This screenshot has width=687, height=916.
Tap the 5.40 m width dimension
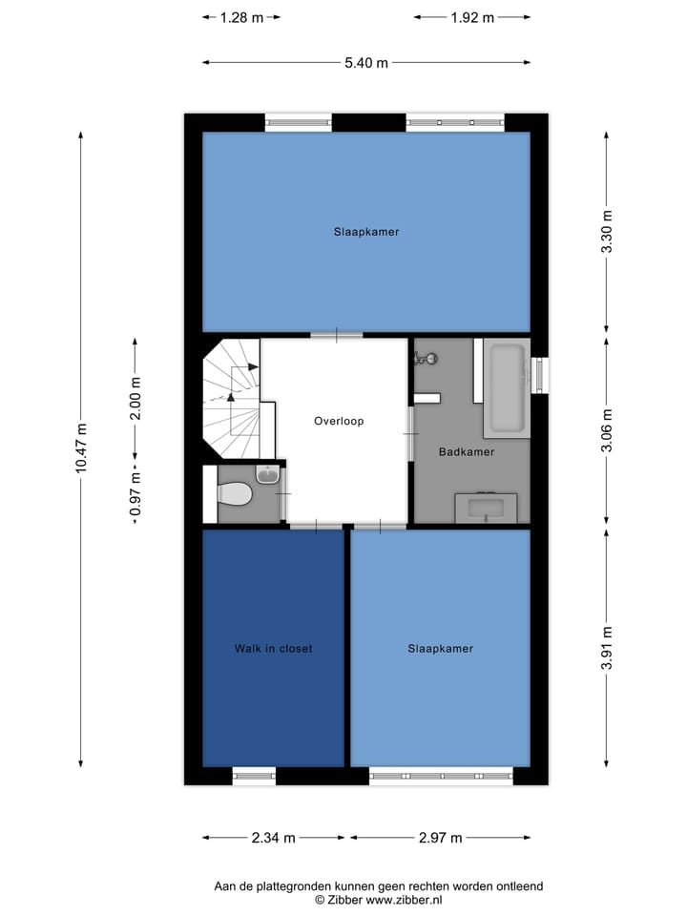[x=366, y=63]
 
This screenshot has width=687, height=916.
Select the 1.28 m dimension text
[x=241, y=17]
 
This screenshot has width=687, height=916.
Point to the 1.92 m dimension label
[x=472, y=17]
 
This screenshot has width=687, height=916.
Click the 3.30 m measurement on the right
[x=607, y=234]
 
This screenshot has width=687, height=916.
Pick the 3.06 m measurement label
[x=607, y=431]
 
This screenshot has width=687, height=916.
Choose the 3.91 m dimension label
[x=607, y=648]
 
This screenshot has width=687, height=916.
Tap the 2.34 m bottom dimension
[x=274, y=838]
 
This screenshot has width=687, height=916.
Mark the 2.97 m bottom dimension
[x=440, y=838]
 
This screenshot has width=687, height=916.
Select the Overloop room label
[x=339, y=421]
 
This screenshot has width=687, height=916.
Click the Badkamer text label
[x=467, y=451]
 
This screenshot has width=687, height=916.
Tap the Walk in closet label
[x=274, y=649]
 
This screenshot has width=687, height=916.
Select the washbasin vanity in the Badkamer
[x=486, y=508]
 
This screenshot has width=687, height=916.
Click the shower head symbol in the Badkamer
[x=426, y=359]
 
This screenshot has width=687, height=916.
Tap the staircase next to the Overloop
[x=232, y=401]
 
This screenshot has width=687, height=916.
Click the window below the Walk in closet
[x=254, y=776]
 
